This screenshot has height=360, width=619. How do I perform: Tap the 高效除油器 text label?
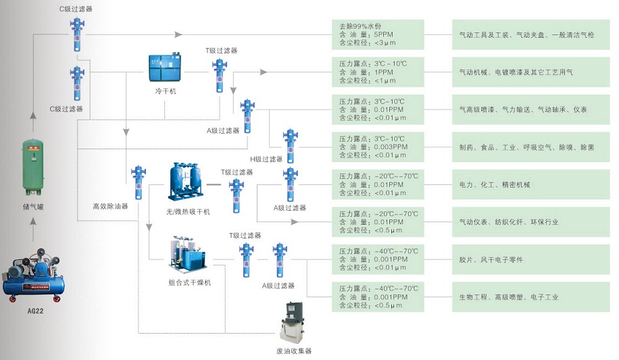(111, 206)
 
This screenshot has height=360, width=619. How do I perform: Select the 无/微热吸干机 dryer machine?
(187, 181)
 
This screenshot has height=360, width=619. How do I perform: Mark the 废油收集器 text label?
(294, 351)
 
